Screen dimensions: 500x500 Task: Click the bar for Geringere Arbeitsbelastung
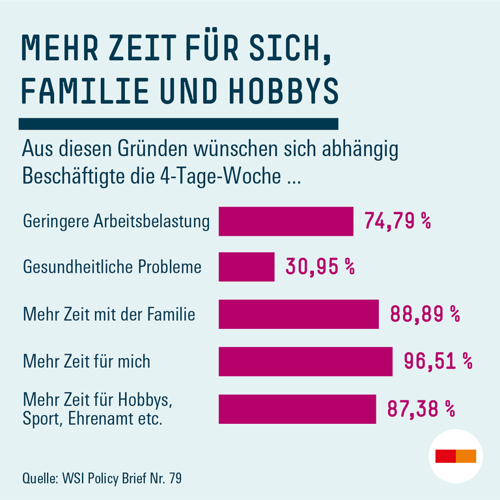(285, 221)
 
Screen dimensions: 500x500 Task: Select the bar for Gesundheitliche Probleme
(246, 267)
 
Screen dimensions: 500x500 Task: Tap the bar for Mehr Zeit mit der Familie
(298, 314)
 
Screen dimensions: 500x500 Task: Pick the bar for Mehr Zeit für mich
(305, 361)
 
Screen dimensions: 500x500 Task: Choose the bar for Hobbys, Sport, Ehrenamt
(297, 409)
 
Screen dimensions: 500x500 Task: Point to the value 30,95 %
(320, 267)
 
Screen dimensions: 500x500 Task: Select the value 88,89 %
(424, 314)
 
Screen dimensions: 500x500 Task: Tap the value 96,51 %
(437, 361)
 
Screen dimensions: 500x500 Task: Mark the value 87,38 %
(421, 409)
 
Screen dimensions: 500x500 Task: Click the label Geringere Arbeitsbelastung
(117, 221)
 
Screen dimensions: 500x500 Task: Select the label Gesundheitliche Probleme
(112, 267)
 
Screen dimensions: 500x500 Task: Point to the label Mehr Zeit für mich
(87, 361)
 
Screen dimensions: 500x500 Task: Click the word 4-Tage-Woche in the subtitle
(230, 176)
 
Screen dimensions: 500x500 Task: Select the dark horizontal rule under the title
(179, 124)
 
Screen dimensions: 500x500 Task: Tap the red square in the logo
(446, 456)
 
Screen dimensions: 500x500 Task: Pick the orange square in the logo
(466, 456)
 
